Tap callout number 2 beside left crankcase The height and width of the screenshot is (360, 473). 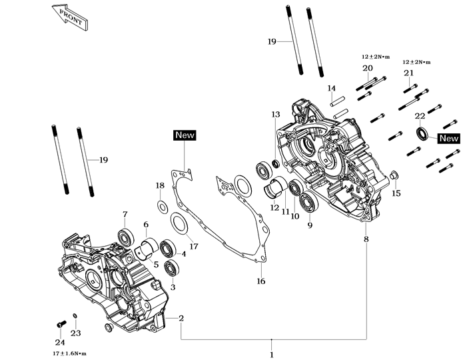click(x=181, y=318)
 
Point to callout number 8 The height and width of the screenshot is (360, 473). click(x=366, y=239)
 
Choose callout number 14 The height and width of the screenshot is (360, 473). click(x=331, y=89)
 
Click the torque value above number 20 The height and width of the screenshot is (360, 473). click(x=377, y=57)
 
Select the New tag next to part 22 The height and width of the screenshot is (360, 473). click(x=449, y=139)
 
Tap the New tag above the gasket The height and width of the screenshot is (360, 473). click(x=185, y=135)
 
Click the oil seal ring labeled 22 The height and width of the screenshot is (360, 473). click(x=421, y=133)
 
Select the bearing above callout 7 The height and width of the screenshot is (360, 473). click(x=124, y=236)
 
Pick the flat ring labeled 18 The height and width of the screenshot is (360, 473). click(x=161, y=204)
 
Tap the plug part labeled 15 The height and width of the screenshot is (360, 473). click(x=395, y=176)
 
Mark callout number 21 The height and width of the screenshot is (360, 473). click(x=408, y=73)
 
